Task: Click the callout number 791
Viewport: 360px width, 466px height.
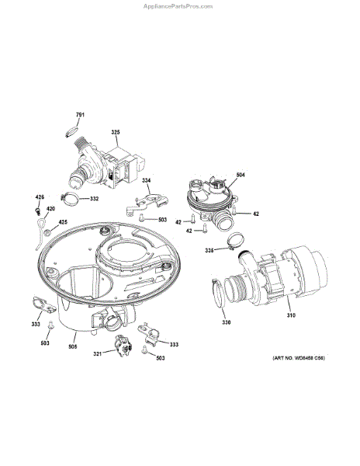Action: pos(80,116)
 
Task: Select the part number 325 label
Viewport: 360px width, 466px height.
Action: pos(115,133)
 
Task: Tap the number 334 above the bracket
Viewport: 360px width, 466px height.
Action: pos(147,181)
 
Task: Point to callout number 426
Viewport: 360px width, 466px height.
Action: pos(40,198)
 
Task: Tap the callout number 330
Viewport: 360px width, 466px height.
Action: pos(226,322)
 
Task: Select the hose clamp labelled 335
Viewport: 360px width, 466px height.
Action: pos(225,247)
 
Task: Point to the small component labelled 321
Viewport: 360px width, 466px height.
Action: pos(120,347)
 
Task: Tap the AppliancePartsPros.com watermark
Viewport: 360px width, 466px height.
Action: pos(178,5)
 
